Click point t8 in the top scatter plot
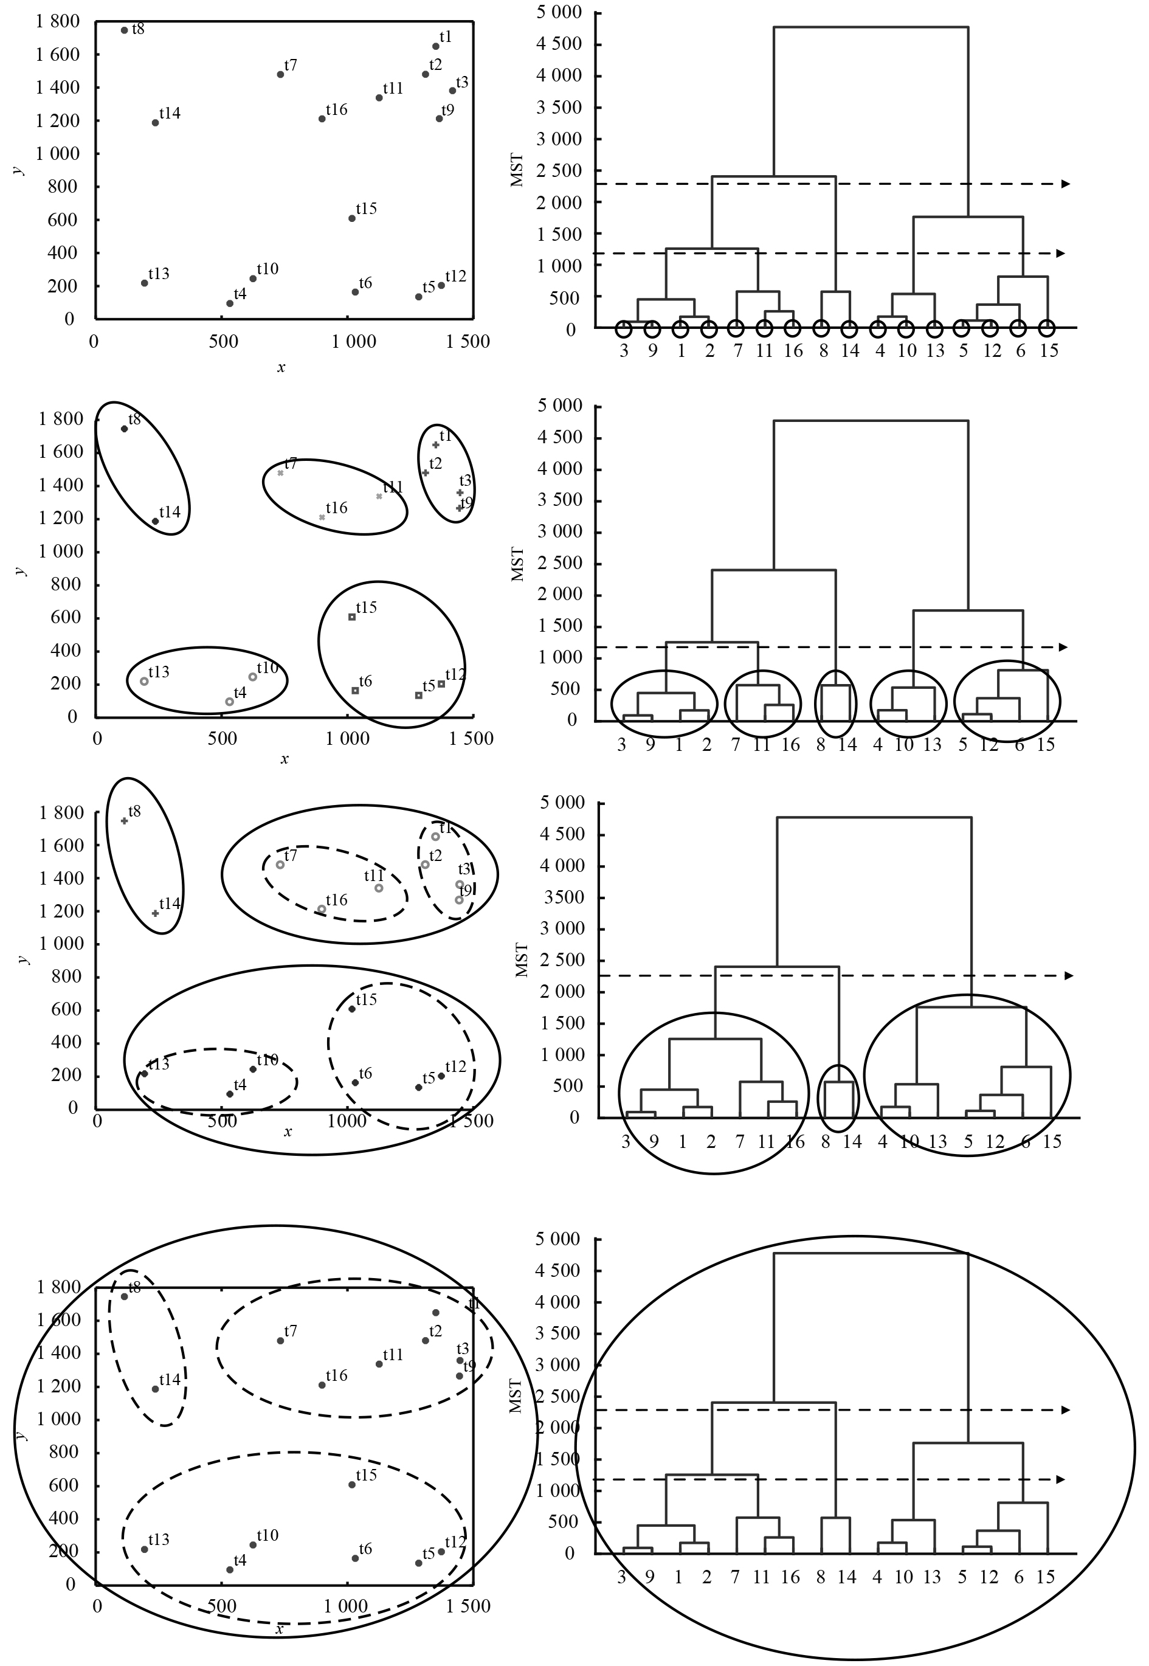(x=125, y=30)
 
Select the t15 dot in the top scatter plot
(x=352, y=218)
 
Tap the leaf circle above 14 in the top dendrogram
(x=849, y=329)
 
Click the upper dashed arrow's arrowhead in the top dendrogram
(x=1066, y=184)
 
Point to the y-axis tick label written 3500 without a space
(x=563, y=897)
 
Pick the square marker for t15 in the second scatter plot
(x=352, y=617)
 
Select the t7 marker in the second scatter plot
(x=281, y=473)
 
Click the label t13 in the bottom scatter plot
(x=159, y=1540)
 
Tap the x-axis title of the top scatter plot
(x=281, y=368)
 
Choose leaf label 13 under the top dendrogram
(x=934, y=351)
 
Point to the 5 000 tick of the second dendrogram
(x=559, y=406)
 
